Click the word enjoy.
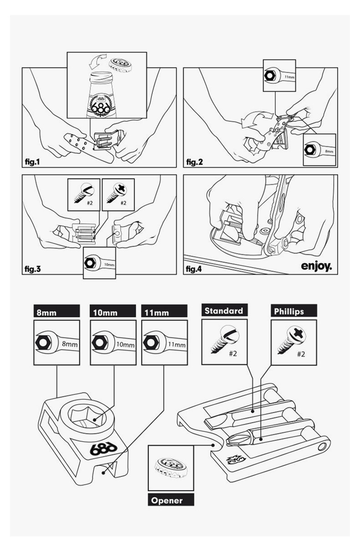(x=315, y=265)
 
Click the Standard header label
(x=224, y=311)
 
